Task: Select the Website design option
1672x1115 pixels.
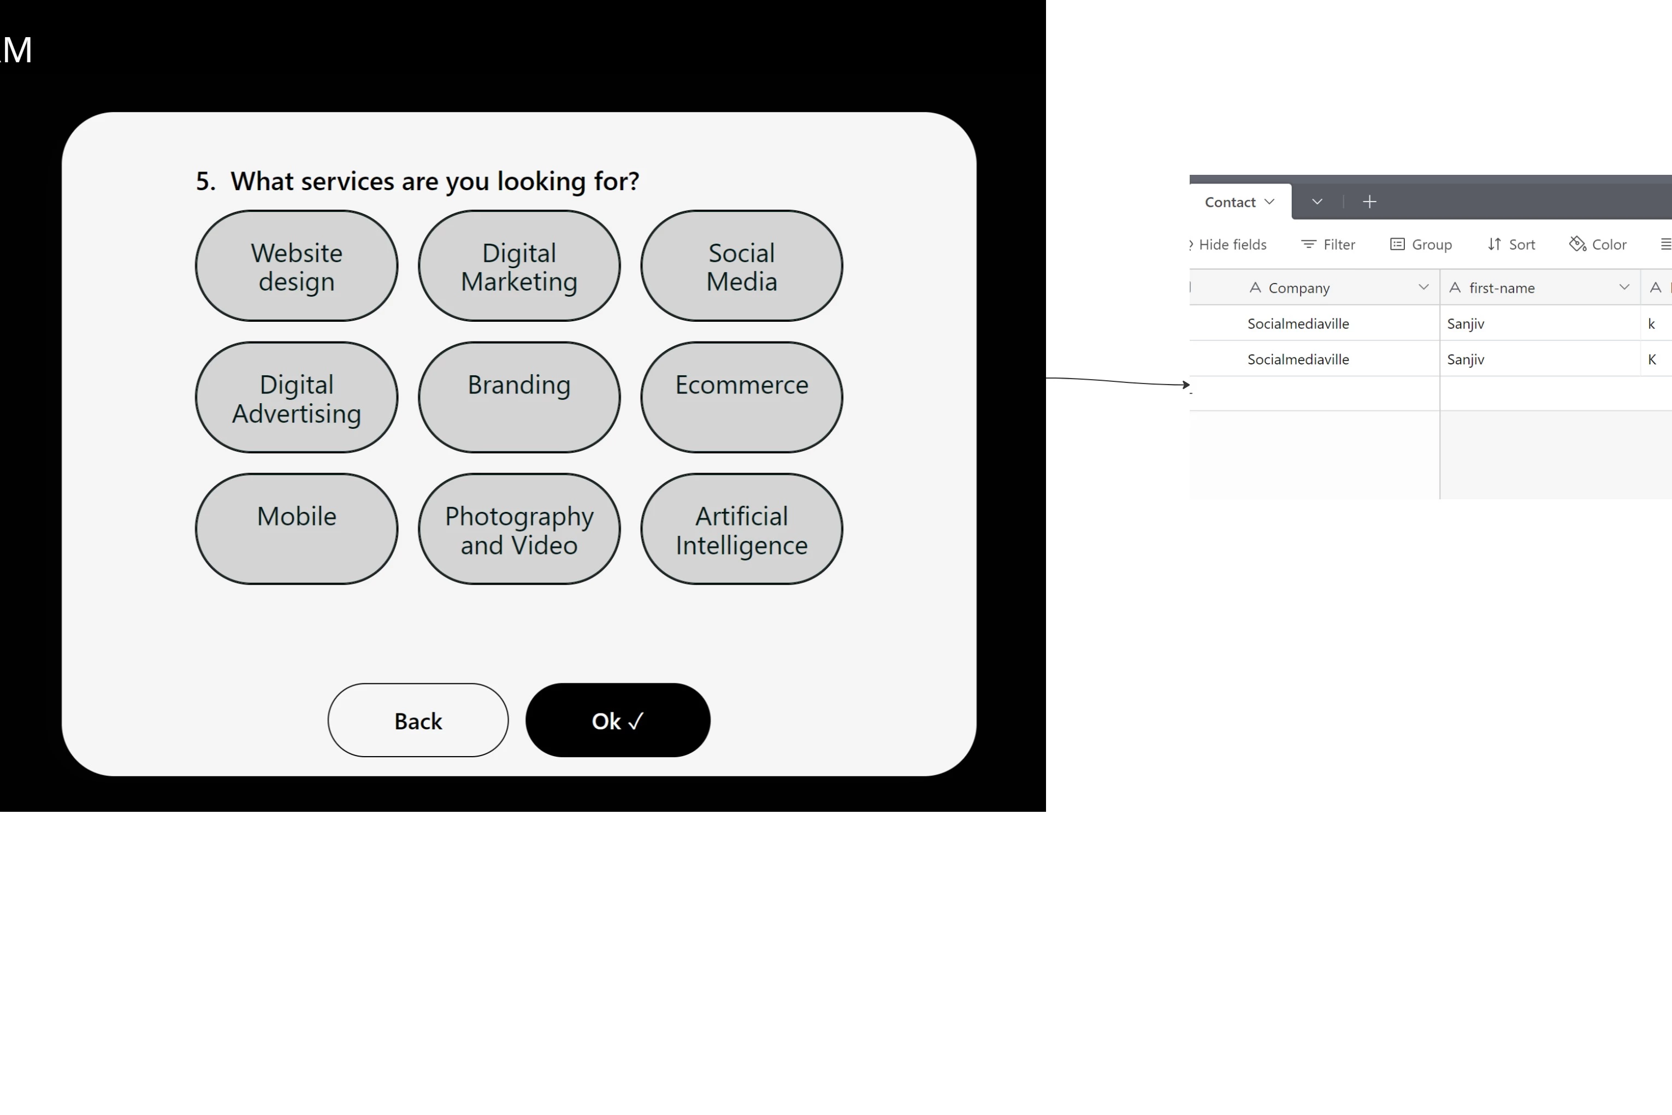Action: pyautogui.click(x=297, y=266)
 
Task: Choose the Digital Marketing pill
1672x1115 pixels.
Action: pyautogui.click(x=519, y=266)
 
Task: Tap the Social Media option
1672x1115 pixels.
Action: pyautogui.click(x=741, y=266)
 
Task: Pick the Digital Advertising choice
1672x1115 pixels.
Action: pyautogui.click(x=297, y=398)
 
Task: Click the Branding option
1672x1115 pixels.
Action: pyautogui.click(x=519, y=398)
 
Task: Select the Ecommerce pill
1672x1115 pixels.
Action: pyautogui.click(x=741, y=398)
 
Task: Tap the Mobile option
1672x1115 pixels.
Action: pyautogui.click(x=297, y=529)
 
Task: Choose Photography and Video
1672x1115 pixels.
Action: pyautogui.click(x=519, y=529)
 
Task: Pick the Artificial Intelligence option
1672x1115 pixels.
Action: pyautogui.click(x=741, y=529)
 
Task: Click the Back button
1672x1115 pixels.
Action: pyautogui.click(x=418, y=721)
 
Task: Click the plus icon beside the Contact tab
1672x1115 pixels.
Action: pyautogui.click(x=1369, y=202)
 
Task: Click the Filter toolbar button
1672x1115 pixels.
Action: pyautogui.click(x=1328, y=245)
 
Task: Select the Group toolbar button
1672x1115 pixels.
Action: pyautogui.click(x=1421, y=245)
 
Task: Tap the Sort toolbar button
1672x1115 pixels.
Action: pyautogui.click(x=1511, y=245)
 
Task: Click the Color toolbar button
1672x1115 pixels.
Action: pyautogui.click(x=1598, y=245)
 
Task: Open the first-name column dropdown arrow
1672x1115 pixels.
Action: pyautogui.click(x=1624, y=287)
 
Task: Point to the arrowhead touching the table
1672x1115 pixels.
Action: pyautogui.click(x=1186, y=385)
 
